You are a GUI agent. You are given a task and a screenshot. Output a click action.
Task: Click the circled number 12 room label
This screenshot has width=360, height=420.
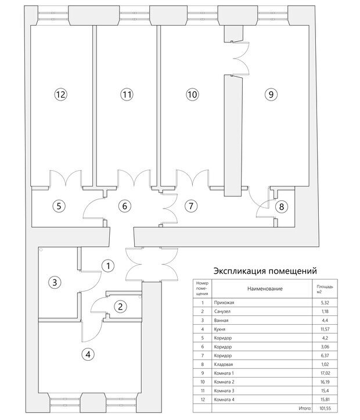pos(61,94)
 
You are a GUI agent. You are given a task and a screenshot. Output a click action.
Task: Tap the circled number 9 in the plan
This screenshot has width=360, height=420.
pos(271,94)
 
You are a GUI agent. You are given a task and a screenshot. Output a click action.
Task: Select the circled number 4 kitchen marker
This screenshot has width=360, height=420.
pos(88,354)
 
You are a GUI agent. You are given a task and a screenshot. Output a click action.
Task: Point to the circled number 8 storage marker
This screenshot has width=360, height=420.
pos(281,207)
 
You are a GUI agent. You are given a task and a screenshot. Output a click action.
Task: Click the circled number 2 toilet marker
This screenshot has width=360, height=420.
pos(120,306)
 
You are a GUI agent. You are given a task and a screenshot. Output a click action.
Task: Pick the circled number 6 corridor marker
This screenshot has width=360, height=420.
pos(124,206)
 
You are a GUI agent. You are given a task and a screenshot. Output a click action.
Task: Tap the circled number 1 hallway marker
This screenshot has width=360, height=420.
pos(108,265)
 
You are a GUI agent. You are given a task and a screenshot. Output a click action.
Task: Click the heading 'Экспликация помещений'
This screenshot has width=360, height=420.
pos(265,271)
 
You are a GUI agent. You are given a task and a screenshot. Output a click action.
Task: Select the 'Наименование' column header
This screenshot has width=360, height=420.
pos(265,289)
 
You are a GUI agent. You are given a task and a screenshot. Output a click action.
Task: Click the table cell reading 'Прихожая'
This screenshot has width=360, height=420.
pos(224,303)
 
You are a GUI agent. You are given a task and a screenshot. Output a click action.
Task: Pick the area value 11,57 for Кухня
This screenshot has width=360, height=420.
pos(325,329)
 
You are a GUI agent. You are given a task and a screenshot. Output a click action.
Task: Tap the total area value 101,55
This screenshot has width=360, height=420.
pos(325,408)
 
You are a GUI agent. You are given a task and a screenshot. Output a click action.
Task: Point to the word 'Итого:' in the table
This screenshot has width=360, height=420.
pos(305,408)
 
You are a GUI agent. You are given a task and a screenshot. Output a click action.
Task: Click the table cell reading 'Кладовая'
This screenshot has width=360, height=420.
pos(224,364)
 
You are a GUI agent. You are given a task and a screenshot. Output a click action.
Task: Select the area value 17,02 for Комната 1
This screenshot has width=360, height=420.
pos(325,373)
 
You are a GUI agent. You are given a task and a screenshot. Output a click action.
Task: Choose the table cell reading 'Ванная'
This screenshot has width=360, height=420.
pos(221,320)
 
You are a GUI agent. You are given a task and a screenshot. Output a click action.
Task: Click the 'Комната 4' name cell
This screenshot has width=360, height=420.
pos(224,399)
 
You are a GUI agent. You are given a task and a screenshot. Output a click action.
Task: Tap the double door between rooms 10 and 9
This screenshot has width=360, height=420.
pos(241,58)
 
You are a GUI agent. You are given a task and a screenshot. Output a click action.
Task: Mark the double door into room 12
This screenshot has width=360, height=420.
pos(66,178)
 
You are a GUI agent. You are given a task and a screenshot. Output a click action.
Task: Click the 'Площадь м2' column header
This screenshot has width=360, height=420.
pos(325,289)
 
